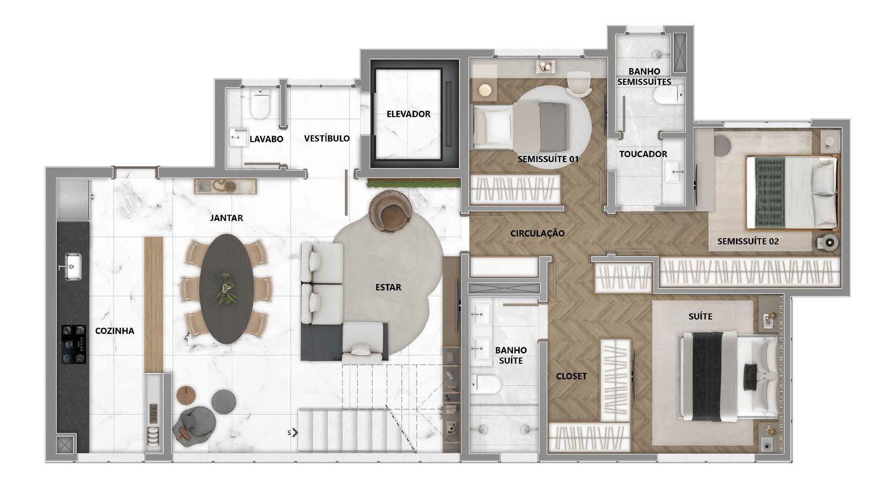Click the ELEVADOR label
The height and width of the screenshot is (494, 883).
[x=408, y=114]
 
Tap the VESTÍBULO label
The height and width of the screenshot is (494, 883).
[x=327, y=138]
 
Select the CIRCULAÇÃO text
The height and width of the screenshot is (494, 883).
[x=537, y=233]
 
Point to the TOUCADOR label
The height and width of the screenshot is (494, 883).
[x=643, y=154]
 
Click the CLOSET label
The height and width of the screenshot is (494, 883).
[x=571, y=376]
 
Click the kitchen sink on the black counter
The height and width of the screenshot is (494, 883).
[x=72, y=266]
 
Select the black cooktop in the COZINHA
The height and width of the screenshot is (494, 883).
[x=74, y=344]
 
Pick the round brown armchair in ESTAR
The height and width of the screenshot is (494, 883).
[x=390, y=211]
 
